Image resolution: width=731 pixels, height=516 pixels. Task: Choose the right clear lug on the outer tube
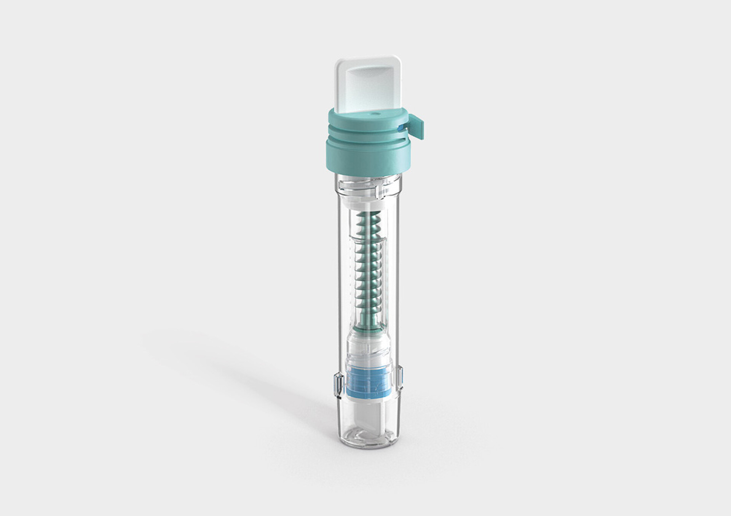coord(400,377)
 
